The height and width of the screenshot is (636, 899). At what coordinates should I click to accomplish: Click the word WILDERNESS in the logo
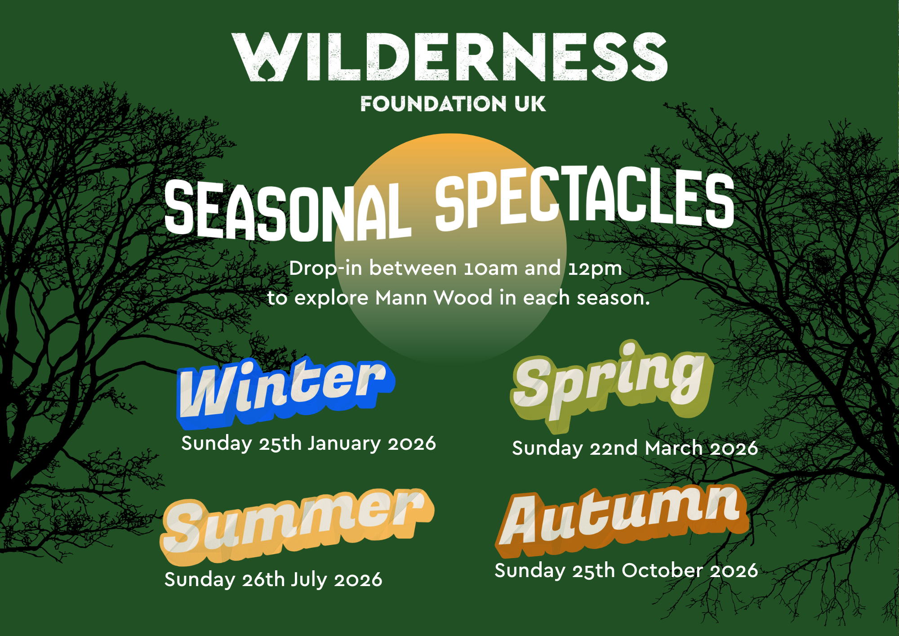pos(449,57)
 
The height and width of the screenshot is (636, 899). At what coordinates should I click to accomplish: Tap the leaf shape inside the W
pos(268,72)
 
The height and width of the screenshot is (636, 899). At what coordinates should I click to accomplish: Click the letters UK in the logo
pos(530,104)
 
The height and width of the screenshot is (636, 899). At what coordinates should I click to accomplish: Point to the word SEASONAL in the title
pos(288,211)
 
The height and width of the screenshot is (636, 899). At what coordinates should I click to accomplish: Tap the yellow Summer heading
pos(297,526)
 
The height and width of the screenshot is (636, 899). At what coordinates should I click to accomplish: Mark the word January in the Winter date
pos(344,444)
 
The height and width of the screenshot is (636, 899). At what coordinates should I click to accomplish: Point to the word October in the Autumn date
pos(663,570)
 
